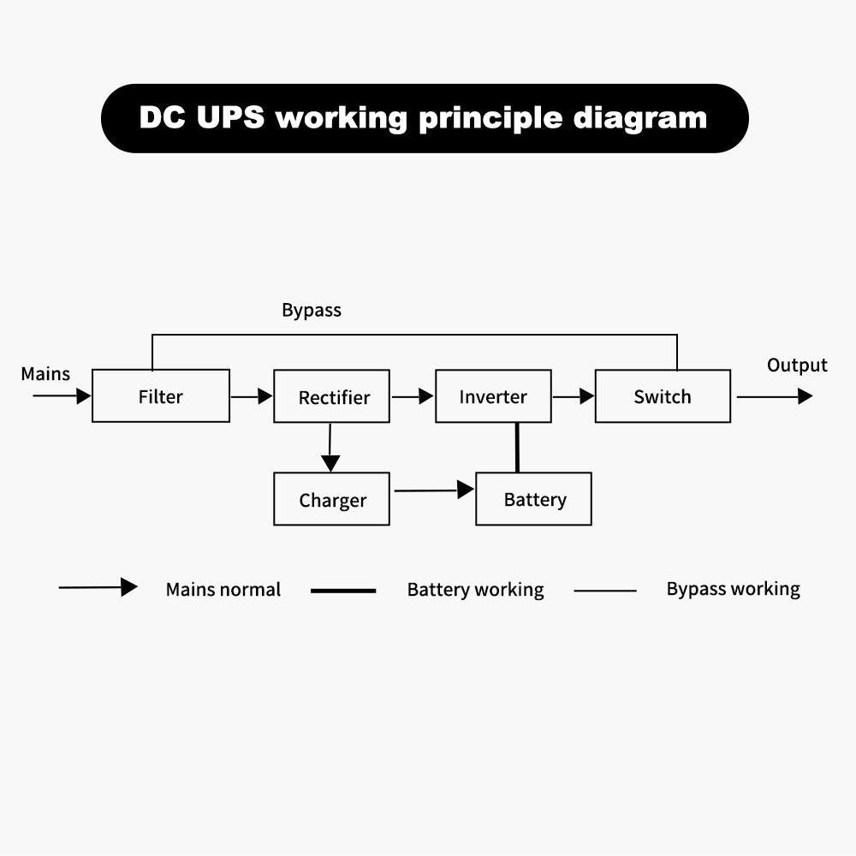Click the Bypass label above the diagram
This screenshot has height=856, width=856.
pyautogui.click(x=312, y=311)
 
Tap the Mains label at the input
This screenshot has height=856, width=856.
pyautogui.click(x=45, y=374)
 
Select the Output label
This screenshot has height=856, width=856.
pyautogui.click(x=797, y=366)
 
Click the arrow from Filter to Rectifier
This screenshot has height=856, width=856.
pyautogui.click(x=252, y=396)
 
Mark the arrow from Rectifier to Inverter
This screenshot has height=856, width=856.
pyautogui.click(x=413, y=396)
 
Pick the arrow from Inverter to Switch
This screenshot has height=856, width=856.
pyautogui.click(x=574, y=396)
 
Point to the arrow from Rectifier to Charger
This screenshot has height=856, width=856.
pyautogui.click(x=330, y=448)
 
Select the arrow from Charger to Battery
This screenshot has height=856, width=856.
pyautogui.click(x=434, y=490)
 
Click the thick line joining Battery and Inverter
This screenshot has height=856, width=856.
pyautogui.click(x=517, y=448)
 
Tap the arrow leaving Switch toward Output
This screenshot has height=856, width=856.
pyautogui.click(x=775, y=396)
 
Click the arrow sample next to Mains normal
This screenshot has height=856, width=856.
pyautogui.click(x=98, y=587)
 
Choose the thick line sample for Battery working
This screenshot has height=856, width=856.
pyautogui.click(x=343, y=591)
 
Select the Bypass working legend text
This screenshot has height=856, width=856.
pyautogui.click(x=734, y=589)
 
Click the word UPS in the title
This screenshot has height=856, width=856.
pyautogui.click(x=230, y=117)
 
